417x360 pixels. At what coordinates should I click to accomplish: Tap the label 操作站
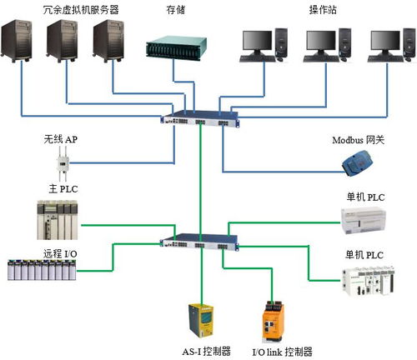(x=325, y=10)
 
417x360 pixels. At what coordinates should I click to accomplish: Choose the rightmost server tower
(x=109, y=49)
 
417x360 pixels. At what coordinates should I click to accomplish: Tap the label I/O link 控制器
(x=283, y=351)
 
